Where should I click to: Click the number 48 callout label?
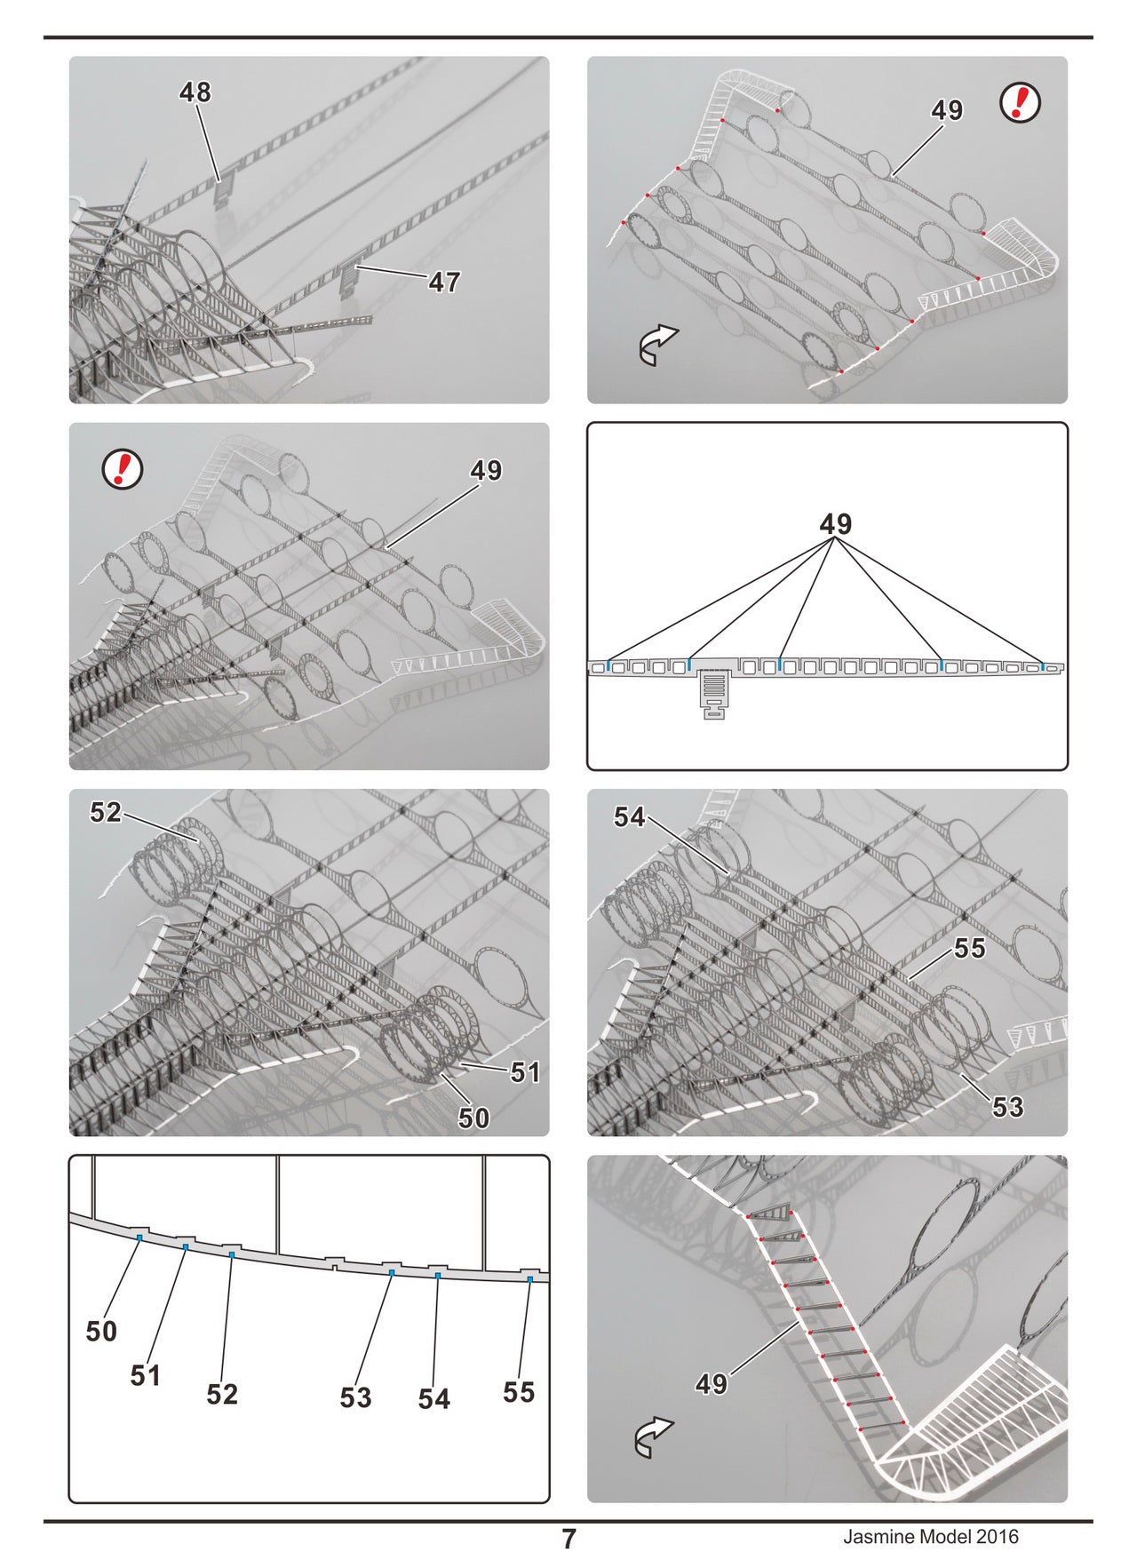pyautogui.click(x=195, y=92)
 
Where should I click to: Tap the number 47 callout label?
pyautogui.click(x=444, y=283)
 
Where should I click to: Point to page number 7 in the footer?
pyautogui.click(x=568, y=1539)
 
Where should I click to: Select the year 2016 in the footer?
pyautogui.click(x=997, y=1536)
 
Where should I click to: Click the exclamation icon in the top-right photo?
pyautogui.click(x=1020, y=104)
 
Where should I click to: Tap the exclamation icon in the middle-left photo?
pyautogui.click(x=123, y=468)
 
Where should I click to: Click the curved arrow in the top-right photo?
pyautogui.click(x=658, y=345)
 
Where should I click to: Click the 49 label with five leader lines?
pyautogui.click(x=836, y=524)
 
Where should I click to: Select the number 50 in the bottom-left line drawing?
pyautogui.click(x=101, y=1331)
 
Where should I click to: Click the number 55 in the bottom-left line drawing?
pyautogui.click(x=519, y=1391)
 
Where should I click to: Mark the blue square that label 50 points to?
pyautogui.click(x=139, y=1238)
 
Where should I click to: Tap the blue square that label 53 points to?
pyautogui.click(x=392, y=1273)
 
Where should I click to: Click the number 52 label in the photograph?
pyautogui.click(x=106, y=812)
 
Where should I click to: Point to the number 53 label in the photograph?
pyautogui.click(x=1007, y=1107)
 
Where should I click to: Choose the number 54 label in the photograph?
pyautogui.click(x=630, y=816)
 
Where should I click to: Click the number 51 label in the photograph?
pyautogui.click(x=525, y=1073)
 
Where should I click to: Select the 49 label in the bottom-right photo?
pyautogui.click(x=712, y=1383)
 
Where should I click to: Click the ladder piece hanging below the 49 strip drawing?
pyautogui.click(x=714, y=694)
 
